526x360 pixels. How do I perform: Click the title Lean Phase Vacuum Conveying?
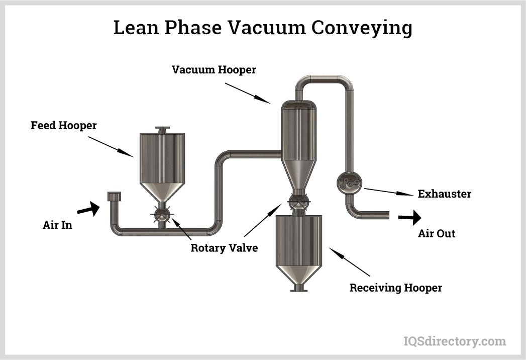point(263,28)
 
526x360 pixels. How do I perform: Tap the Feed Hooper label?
point(63,125)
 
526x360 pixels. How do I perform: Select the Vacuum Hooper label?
point(214,69)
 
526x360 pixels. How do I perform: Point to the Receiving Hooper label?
point(396,288)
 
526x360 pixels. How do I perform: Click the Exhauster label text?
point(444,194)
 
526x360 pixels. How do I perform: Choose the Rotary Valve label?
point(224,248)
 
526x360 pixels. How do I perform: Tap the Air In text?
point(57,225)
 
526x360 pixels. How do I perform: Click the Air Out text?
point(437,233)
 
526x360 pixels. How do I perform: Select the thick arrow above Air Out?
point(409,218)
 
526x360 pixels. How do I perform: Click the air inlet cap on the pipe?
point(115,196)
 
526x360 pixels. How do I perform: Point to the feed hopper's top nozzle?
point(162,130)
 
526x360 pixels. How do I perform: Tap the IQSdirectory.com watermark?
point(455,341)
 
